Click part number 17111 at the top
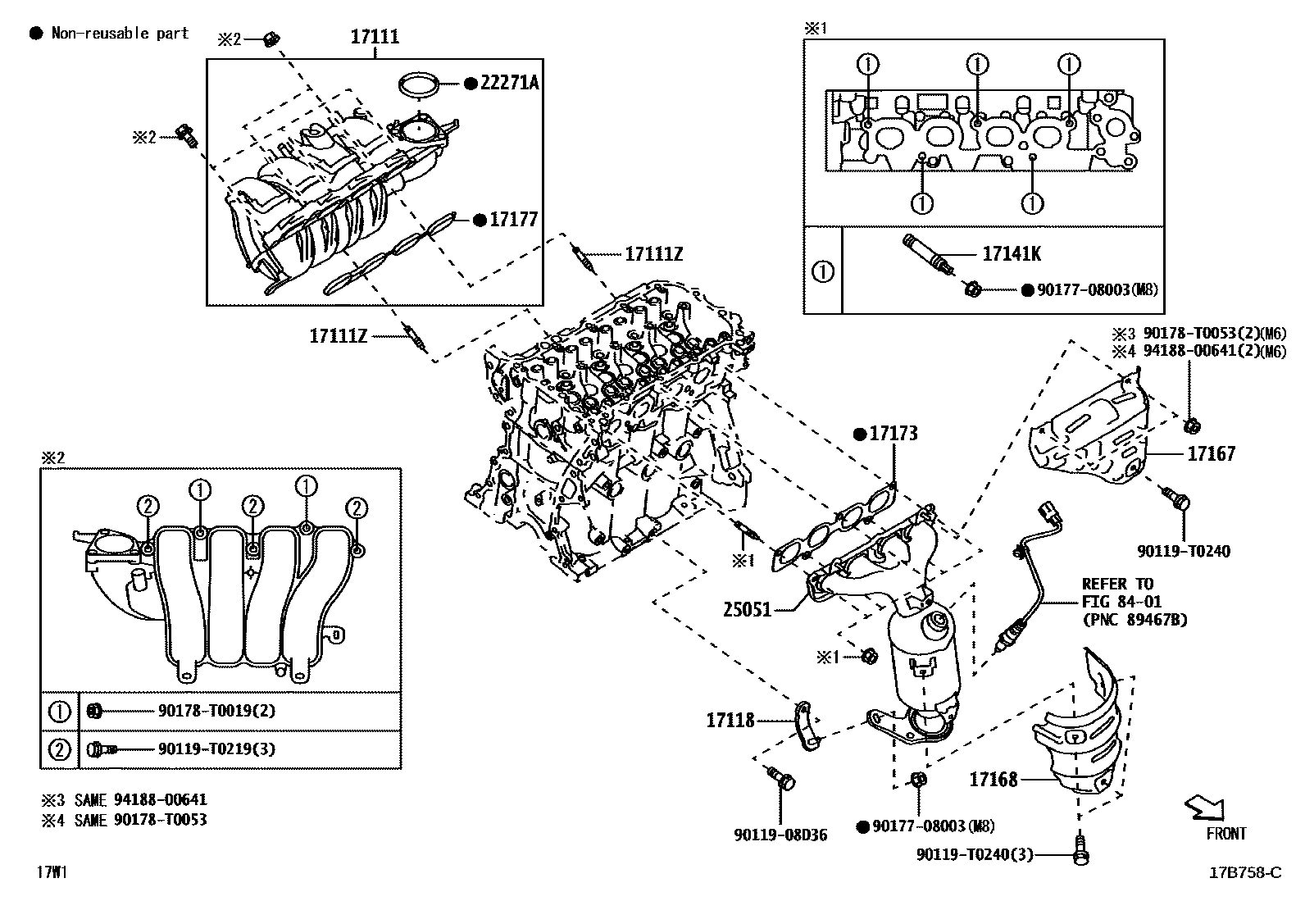[x=375, y=37]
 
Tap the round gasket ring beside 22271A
[x=418, y=84]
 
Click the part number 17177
[x=514, y=220]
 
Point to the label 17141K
[x=1012, y=254]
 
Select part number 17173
[x=893, y=434]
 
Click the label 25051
[x=748, y=610]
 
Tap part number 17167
[x=1212, y=453]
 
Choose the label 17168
[x=994, y=779]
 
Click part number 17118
[x=730, y=721]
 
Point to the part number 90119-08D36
[x=780, y=835]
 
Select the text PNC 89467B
[x=1134, y=620]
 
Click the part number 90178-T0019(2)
[x=216, y=711]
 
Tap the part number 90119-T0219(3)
[x=216, y=749]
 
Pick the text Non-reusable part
[x=120, y=34]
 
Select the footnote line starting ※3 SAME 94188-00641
[x=125, y=799]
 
